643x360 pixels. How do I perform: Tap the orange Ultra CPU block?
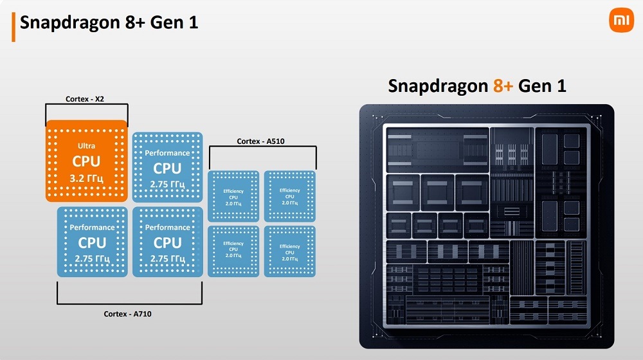[87, 161]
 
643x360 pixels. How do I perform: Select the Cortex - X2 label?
[87, 99]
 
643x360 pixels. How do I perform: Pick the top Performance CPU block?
[167, 168]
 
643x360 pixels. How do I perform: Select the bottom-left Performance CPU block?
[93, 242]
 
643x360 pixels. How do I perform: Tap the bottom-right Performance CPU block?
[167, 242]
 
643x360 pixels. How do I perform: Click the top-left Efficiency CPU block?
[233, 196]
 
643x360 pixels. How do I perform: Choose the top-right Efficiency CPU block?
[290, 196]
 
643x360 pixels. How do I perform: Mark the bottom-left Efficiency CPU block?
[233, 251]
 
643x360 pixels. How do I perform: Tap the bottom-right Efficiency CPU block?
[290, 251]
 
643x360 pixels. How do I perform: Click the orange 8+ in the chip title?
[503, 86]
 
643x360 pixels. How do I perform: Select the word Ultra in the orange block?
[87, 146]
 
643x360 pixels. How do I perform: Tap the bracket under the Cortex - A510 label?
[262, 148]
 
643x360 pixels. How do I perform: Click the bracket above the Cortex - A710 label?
[130, 302]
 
